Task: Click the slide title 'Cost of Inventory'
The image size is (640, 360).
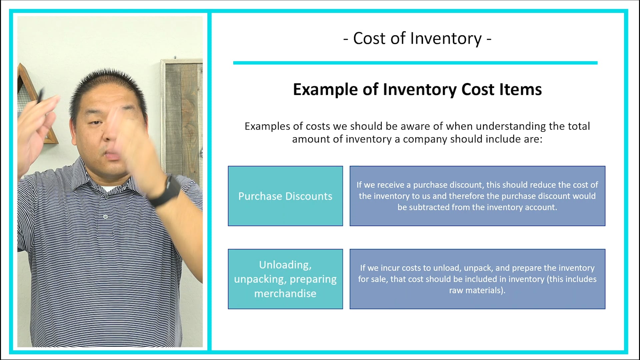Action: click(x=417, y=39)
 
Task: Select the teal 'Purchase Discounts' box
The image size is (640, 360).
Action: click(x=285, y=196)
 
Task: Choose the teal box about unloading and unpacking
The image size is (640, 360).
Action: click(x=285, y=279)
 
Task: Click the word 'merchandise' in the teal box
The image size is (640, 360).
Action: click(x=285, y=294)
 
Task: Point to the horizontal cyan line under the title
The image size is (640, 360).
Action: click(x=415, y=63)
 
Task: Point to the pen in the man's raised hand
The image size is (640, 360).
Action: click(x=41, y=97)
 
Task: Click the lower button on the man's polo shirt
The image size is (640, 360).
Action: click(x=105, y=217)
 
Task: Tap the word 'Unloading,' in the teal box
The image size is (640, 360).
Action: click(x=285, y=265)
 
